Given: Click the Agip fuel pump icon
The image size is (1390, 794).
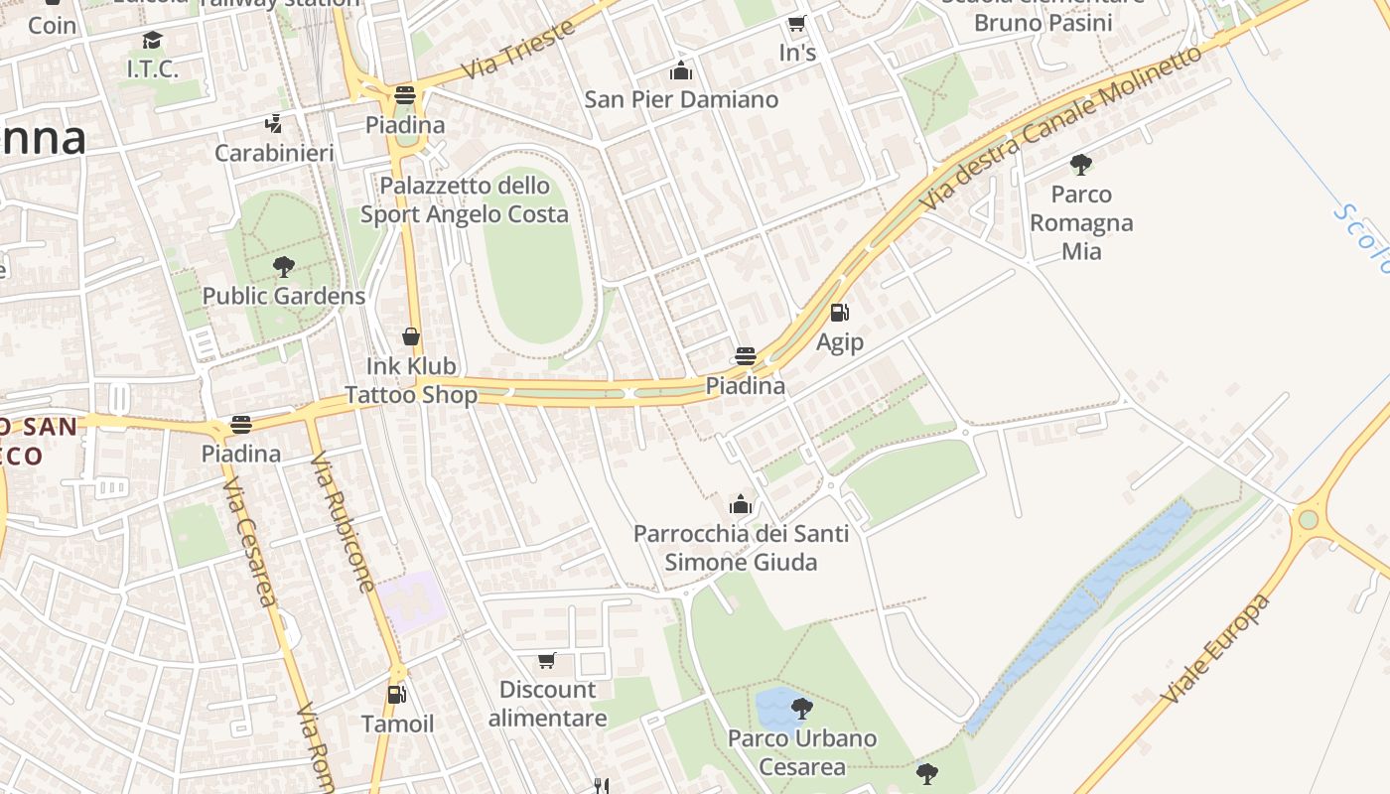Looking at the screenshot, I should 839,314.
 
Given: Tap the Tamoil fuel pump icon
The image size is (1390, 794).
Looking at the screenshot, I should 396,695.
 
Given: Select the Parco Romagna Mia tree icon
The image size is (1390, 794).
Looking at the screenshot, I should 1081,165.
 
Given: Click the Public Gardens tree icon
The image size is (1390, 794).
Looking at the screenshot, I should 284,266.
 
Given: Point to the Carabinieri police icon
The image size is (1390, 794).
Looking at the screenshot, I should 274,124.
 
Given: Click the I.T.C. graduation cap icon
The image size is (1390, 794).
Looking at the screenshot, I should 152,40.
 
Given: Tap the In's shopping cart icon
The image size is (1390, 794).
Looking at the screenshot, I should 796,24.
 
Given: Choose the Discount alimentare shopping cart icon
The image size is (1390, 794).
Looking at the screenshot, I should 546,660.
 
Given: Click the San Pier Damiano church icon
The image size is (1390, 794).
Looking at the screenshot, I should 681,70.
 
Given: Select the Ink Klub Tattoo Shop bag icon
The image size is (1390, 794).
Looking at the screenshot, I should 411,337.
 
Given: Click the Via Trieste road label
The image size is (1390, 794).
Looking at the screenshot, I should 519,50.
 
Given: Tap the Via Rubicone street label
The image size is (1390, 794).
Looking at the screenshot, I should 342,522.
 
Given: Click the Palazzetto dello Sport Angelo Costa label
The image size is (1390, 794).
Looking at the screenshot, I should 465,199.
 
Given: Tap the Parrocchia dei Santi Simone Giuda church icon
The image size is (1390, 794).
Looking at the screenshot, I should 741,504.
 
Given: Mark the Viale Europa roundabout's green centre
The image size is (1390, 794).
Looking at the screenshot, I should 1308,519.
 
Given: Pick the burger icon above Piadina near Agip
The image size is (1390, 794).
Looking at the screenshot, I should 746,356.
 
